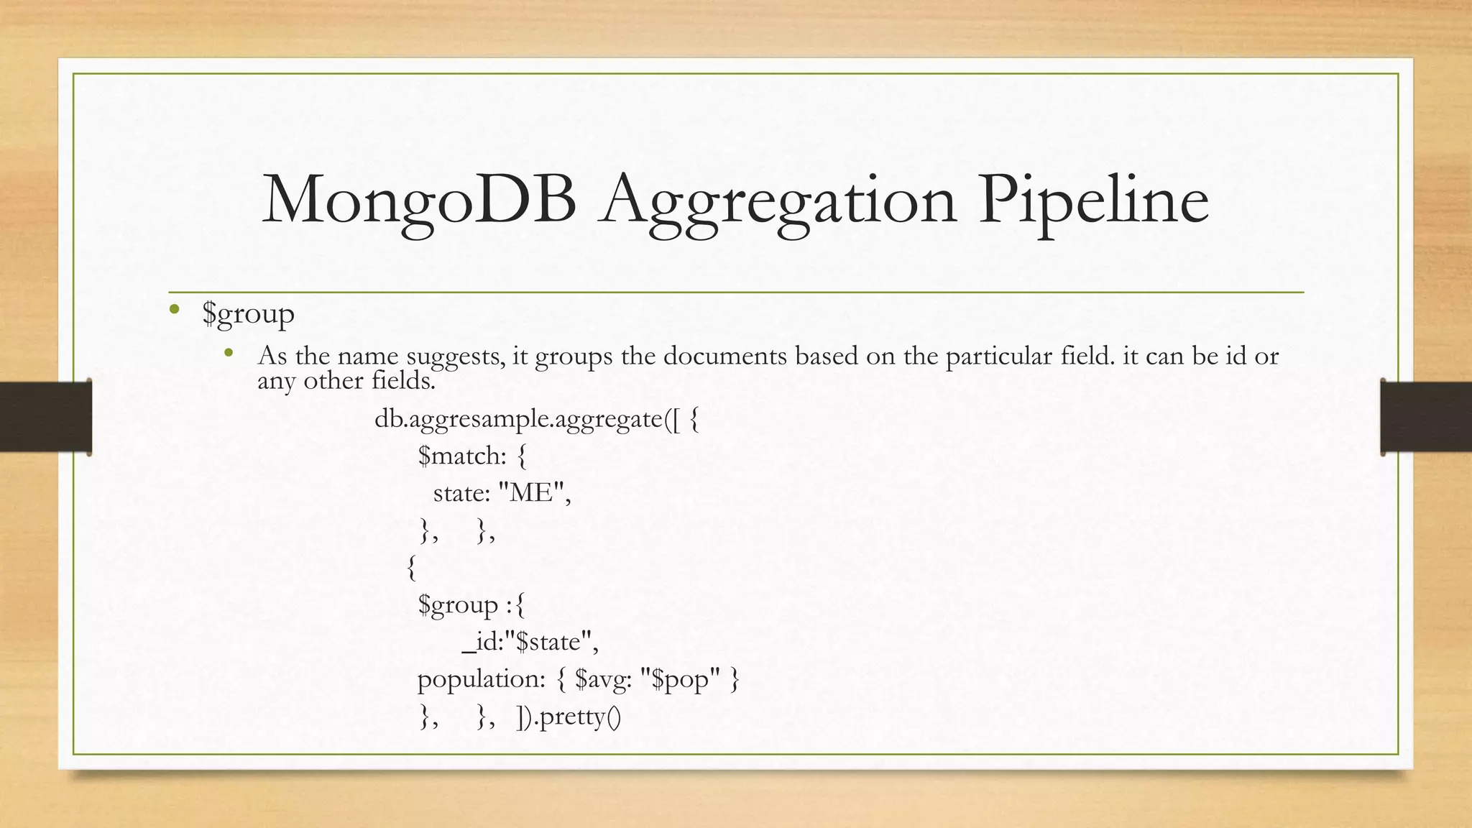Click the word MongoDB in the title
pyautogui.click(x=419, y=200)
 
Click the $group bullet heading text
pyautogui.click(x=248, y=313)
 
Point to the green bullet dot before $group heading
pyautogui.click(x=174, y=310)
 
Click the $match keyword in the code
pyautogui.click(x=461, y=456)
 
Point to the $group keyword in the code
pyautogui.click(x=458, y=605)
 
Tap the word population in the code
pyautogui.click(x=481, y=679)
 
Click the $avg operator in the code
pyautogui.click(x=602, y=679)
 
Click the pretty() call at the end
pyautogui.click(x=579, y=717)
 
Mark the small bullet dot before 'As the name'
pyautogui.click(x=229, y=352)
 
